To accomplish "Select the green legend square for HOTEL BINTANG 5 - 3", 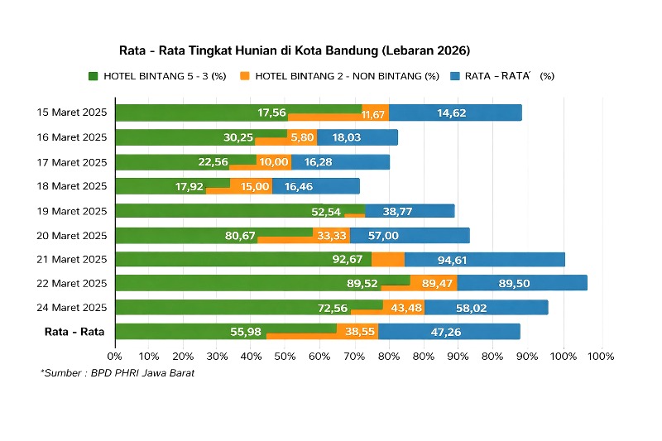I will point(94,76).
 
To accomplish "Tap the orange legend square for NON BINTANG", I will point(244,76).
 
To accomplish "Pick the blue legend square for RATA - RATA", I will point(454,76).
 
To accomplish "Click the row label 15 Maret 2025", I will point(72,113).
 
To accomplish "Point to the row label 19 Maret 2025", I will point(72,210).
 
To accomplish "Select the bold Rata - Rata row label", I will point(74,332).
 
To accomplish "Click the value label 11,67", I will point(374,114).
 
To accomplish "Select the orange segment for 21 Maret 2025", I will point(387,260).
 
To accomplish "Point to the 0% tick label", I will point(115,357).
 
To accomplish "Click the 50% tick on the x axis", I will point(286,357).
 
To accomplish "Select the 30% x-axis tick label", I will point(218,357).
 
